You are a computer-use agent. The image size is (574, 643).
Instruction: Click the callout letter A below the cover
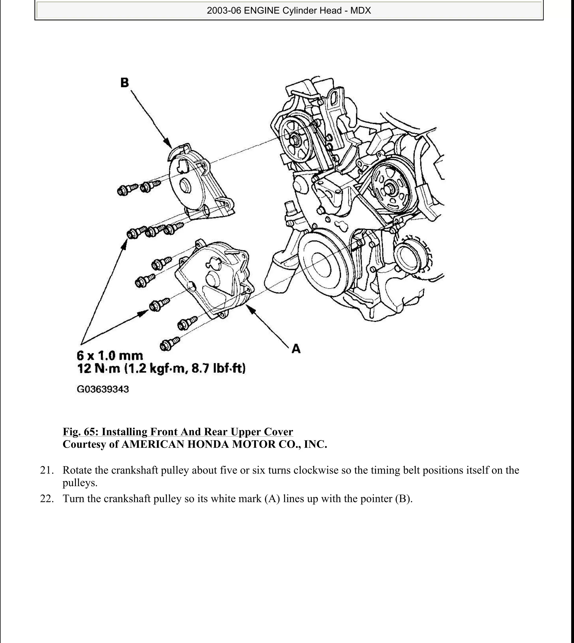click(296, 349)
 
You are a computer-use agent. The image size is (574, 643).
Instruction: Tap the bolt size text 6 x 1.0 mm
click(110, 356)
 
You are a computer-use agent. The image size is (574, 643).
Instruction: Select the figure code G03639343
click(103, 389)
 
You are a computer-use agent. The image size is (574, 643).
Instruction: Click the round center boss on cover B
click(184, 187)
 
